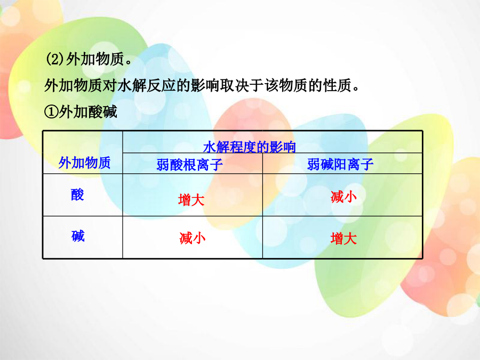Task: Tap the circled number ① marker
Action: [x=51, y=112]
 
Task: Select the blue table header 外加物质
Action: [x=84, y=163]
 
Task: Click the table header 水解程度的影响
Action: [x=250, y=147]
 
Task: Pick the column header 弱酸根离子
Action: [x=190, y=165]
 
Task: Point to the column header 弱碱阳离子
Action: [x=340, y=164]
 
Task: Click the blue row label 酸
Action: [x=77, y=195]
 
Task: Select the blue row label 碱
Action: [x=78, y=236]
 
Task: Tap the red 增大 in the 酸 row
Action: [x=191, y=200]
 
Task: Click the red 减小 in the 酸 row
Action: [x=343, y=196]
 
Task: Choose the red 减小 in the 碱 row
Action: [x=192, y=238]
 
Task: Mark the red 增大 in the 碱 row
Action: [x=343, y=238]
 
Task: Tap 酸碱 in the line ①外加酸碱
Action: [x=102, y=112]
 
